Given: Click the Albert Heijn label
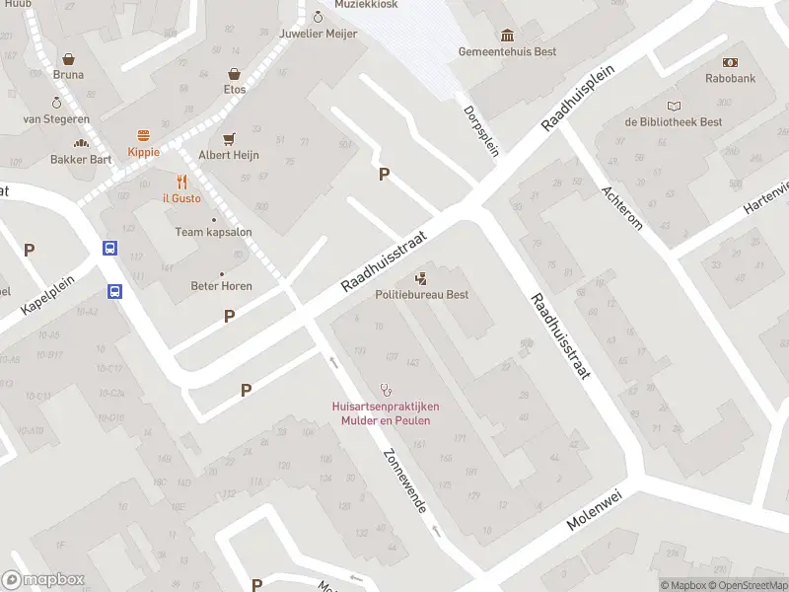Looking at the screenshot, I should pyautogui.click(x=229, y=155).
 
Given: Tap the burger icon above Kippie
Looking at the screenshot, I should pyautogui.click(x=143, y=136).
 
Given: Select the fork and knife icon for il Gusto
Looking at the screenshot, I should pyautogui.click(x=181, y=182).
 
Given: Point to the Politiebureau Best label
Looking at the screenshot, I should pyautogui.click(x=421, y=294).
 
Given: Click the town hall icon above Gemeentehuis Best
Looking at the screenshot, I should pyautogui.click(x=507, y=36).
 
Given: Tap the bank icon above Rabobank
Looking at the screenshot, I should pyautogui.click(x=731, y=61).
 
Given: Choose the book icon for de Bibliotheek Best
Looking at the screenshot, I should pyautogui.click(x=674, y=107).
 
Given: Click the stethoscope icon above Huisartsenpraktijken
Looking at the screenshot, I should pyautogui.click(x=386, y=390).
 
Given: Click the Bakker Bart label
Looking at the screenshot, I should pyautogui.click(x=81, y=159).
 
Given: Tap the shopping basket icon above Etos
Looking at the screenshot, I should pyautogui.click(x=235, y=74).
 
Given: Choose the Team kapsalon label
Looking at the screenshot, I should pyautogui.click(x=214, y=232).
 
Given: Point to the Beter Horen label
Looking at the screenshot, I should pyautogui.click(x=221, y=286).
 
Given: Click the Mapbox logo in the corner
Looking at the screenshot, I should pyautogui.click(x=43, y=579).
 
